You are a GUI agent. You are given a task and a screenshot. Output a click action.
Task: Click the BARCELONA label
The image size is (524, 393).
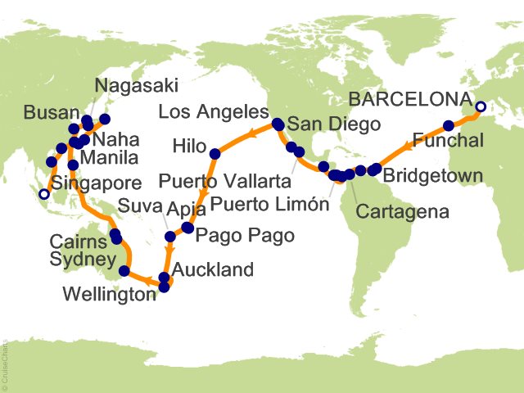point(409,101)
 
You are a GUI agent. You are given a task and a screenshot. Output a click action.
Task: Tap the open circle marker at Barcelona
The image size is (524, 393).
point(481,106)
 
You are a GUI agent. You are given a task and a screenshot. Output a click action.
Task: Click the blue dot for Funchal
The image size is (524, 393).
point(449,126)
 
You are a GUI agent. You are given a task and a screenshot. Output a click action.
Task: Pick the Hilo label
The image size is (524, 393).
point(189,146)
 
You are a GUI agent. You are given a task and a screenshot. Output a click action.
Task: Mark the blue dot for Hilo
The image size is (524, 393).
point(215,153)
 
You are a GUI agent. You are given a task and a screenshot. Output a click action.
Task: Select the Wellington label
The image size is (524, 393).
point(111,293)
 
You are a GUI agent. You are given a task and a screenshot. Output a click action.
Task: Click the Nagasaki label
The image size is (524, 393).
point(136,85)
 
